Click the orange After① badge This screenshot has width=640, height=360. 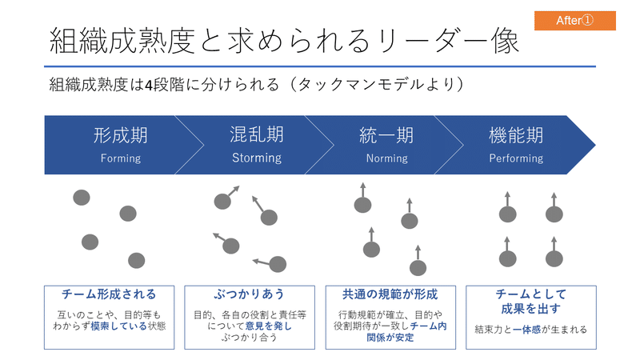tap(574, 21)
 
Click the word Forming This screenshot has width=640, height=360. tap(121, 158)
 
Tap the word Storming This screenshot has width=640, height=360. tap(257, 158)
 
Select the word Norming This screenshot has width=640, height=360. tap(387, 158)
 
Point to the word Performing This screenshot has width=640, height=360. tap(516, 158)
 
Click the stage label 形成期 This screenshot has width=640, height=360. tap(121, 135)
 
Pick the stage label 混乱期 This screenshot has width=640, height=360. tap(257, 134)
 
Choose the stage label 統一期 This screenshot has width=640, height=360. tap(386, 135)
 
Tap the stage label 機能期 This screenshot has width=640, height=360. tap(516, 135)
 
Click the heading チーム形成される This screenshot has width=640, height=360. tap(109, 294)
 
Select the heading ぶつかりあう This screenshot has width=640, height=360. tap(250, 294)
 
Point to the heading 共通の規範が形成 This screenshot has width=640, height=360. tap(390, 294)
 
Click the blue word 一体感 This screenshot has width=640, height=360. tap(527, 330)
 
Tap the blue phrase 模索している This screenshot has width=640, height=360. tap(119, 326)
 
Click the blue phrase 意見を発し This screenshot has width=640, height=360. tap(269, 326)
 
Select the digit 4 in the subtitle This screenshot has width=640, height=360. tap(149, 85)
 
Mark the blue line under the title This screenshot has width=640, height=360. tap(320, 66)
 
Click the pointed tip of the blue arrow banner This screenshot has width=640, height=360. tap(595, 145)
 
